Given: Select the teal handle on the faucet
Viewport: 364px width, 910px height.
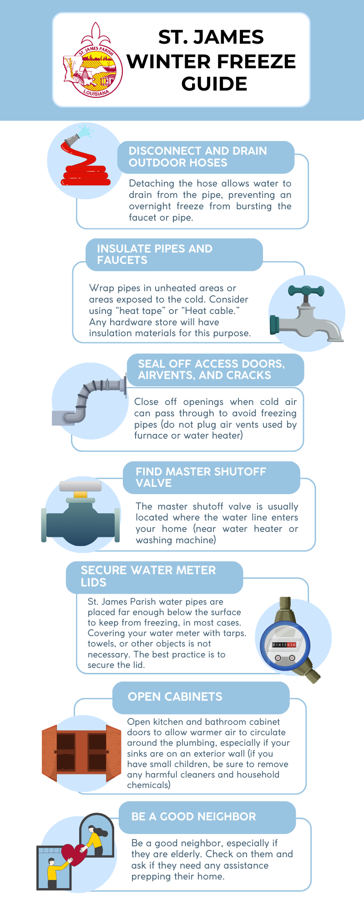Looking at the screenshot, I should (306, 291).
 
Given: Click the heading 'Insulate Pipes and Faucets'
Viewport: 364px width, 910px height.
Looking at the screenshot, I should (155, 254).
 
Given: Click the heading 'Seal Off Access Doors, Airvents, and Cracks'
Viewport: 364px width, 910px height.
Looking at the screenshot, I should (212, 369).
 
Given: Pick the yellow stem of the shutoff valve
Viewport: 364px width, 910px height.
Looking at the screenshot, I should (81, 494).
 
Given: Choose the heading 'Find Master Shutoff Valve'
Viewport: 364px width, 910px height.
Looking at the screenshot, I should (201, 477).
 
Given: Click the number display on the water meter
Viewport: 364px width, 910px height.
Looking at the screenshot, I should (284, 645).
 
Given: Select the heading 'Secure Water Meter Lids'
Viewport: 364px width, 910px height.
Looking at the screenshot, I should (148, 576).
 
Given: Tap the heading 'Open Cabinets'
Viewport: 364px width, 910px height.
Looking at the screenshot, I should (175, 697).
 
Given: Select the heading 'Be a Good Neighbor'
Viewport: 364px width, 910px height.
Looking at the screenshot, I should (193, 816).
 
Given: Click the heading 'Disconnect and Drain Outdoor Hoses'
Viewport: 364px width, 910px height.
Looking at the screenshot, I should (198, 157).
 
